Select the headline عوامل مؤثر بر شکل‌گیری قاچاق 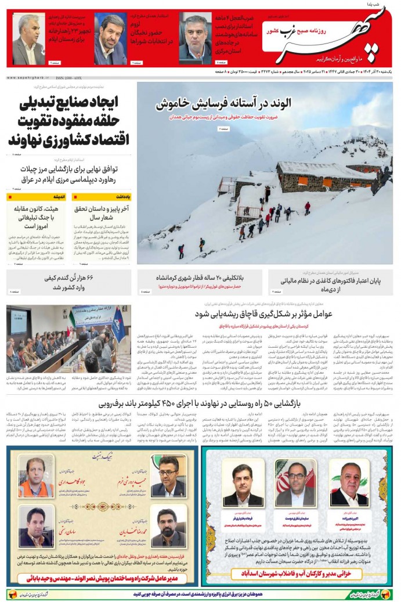pos(265,314)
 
